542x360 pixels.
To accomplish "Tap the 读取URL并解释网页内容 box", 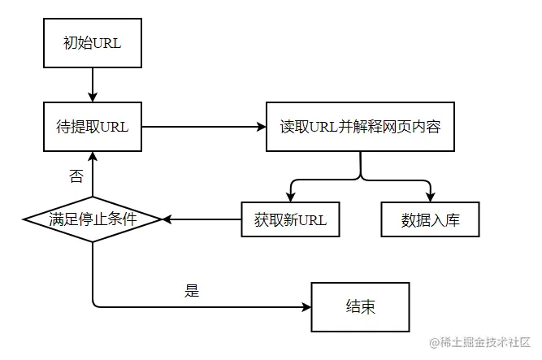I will coord(360,127).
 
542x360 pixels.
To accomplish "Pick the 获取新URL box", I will coord(290,219).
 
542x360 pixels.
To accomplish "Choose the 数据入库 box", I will coord(430,219).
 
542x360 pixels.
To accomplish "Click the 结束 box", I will coord(359,307).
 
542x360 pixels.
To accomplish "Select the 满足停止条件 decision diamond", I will coord(92,219).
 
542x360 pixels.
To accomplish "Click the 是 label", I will coord(192,290).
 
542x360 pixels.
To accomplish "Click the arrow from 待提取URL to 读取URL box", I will coord(203,127).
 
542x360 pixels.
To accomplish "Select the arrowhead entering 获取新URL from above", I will coord(290,196).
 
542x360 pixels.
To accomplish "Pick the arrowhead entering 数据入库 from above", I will coord(430,196).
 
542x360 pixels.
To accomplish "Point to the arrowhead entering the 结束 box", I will coord(306,307).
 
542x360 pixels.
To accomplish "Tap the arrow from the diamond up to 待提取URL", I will coord(92,174).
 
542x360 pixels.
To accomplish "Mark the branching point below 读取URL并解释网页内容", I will coord(360,176).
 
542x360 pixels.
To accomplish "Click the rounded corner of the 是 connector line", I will coord(95,304).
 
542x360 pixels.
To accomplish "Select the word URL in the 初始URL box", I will coord(106,44).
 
